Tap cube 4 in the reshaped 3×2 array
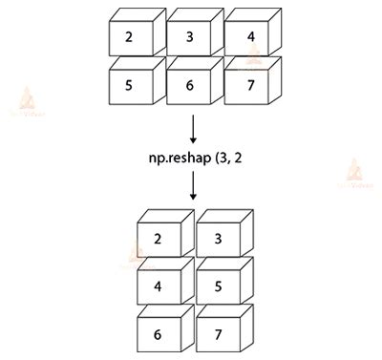tap(159, 285)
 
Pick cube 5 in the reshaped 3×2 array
tap(219, 285)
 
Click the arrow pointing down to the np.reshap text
tap(192, 128)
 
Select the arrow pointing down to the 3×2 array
tap(192, 185)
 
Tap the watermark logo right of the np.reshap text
tap(355, 173)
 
